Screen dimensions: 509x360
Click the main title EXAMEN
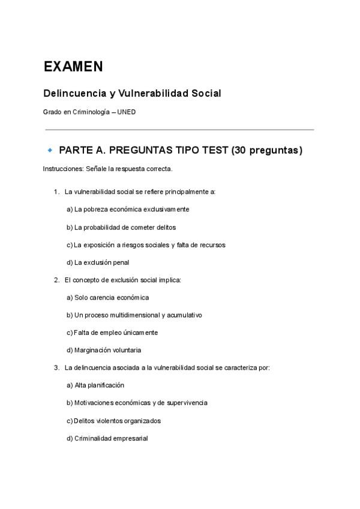pyautogui.click(x=73, y=67)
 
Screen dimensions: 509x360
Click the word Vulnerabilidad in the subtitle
pyautogui.click(x=153, y=94)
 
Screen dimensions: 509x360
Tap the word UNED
pyautogui.click(x=127, y=112)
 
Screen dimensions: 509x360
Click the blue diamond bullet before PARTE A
pyautogui.click(x=50, y=149)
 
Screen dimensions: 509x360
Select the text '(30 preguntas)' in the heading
pyautogui.click(x=266, y=150)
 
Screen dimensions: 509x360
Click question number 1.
pyautogui.click(x=56, y=192)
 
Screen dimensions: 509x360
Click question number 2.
pyautogui.click(x=56, y=280)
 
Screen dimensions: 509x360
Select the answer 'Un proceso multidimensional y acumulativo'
pyautogui.click(x=138, y=315)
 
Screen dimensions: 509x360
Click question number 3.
pyautogui.click(x=56, y=367)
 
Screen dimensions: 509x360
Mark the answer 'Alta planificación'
pyautogui.click(x=99, y=385)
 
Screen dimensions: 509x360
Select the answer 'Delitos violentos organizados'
pyautogui.click(x=118, y=421)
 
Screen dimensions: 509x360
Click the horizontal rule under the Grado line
pyautogui.click(x=179, y=129)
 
